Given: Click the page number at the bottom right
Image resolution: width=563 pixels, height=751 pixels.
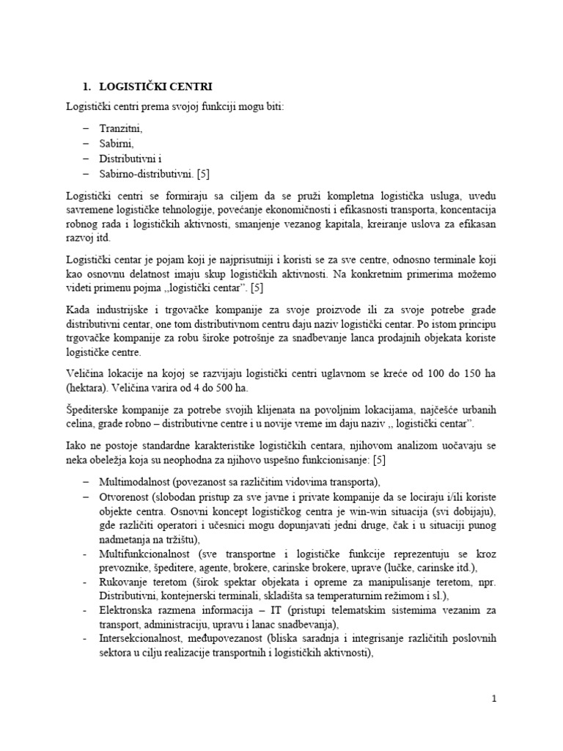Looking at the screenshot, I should click(x=495, y=699).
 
